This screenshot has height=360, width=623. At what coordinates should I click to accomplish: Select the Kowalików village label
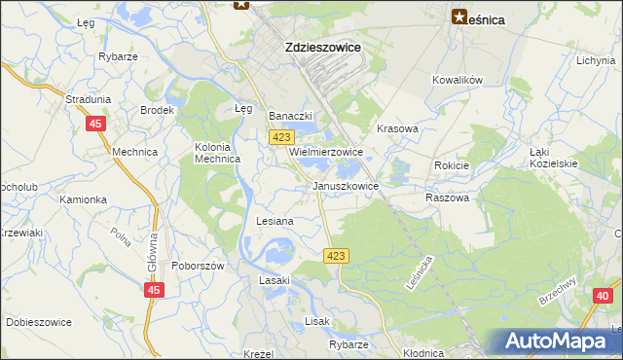click(x=458, y=80)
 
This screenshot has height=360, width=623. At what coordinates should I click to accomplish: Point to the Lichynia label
click(x=596, y=60)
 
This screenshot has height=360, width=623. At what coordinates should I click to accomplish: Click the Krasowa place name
click(x=397, y=128)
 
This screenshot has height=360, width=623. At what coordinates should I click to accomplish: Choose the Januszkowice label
click(x=346, y=185)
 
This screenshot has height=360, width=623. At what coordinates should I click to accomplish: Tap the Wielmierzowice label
click(x=325, y=153)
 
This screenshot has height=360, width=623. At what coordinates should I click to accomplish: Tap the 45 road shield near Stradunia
click(x=95, y=124)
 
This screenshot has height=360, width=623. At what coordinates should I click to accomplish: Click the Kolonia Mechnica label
click(x=218, y=154)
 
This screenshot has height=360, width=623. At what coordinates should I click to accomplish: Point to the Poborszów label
click(x=199, y=266)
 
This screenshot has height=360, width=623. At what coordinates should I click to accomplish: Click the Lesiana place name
click(x=275, y=221)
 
